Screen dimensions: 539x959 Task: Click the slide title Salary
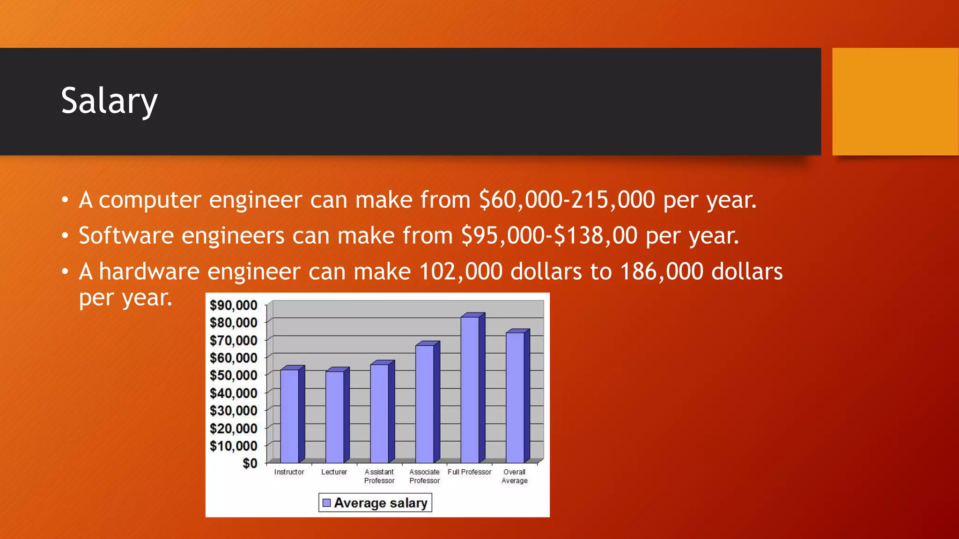(109, 101)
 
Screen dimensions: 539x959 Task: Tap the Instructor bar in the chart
(290, 415)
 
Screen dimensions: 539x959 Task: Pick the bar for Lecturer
(335, 416)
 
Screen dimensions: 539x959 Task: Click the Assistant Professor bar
(380, 413)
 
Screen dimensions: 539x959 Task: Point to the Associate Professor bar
(425, 403)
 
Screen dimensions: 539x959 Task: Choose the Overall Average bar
(515, 397)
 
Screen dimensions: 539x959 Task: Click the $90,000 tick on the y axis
(233, 306)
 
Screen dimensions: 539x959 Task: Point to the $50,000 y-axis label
(233, 375)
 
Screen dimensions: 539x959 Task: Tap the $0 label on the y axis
(250, 463)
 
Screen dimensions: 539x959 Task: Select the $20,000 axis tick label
(233, 428)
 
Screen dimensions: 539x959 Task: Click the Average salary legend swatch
(327, 503)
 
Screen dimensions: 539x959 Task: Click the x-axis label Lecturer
(334, 472)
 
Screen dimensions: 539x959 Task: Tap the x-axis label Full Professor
(469, 472)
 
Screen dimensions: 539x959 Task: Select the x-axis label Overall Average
(514, 476)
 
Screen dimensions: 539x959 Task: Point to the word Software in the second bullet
(126, 235)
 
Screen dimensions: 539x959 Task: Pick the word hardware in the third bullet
(149, 271)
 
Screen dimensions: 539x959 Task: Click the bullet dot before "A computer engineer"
(65, 200)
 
